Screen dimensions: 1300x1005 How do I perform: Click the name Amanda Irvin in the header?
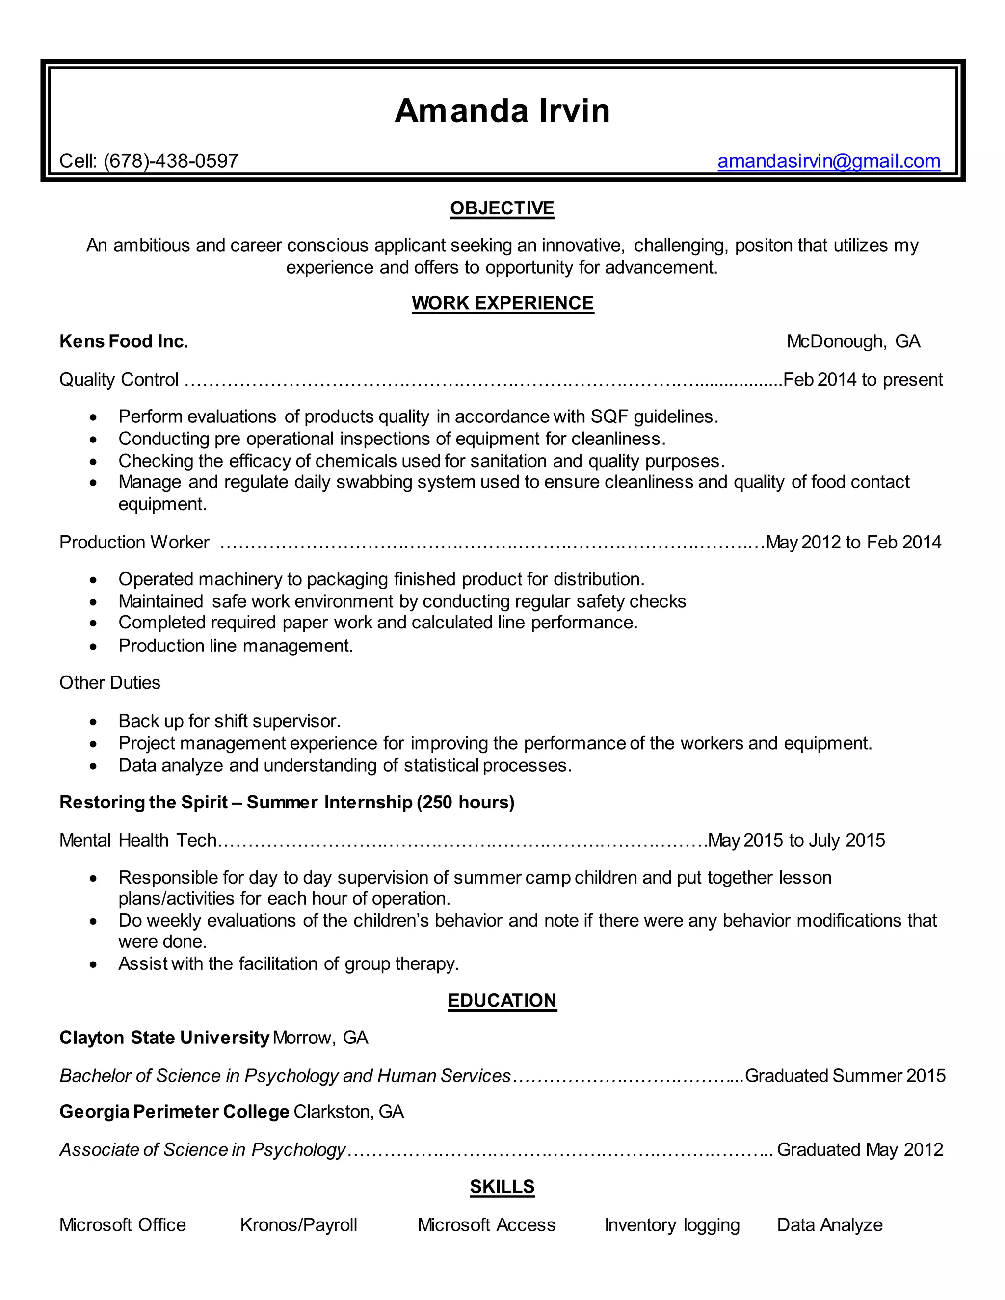(502, 111)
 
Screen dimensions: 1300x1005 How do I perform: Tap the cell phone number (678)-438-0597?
(171, 161)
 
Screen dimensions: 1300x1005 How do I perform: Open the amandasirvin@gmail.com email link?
(828, 161)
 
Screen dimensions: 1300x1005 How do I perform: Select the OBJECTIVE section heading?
(502, 208)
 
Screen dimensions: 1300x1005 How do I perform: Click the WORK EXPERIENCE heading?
(502, 303)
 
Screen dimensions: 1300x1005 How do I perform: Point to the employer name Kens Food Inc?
(124, 341)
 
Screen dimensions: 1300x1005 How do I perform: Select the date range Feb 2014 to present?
(863, 379)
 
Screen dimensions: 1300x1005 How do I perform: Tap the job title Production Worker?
(134, 542)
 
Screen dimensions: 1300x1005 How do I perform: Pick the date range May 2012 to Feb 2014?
(853, 542)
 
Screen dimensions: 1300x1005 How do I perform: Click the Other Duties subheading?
(110, 682)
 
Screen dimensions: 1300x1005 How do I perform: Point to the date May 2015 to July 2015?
(796, 840)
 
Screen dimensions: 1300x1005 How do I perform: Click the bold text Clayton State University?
(164, 1038)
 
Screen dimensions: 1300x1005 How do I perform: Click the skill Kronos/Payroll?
(298, 1224)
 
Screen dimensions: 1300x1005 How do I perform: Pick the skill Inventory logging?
(672, 1224)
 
